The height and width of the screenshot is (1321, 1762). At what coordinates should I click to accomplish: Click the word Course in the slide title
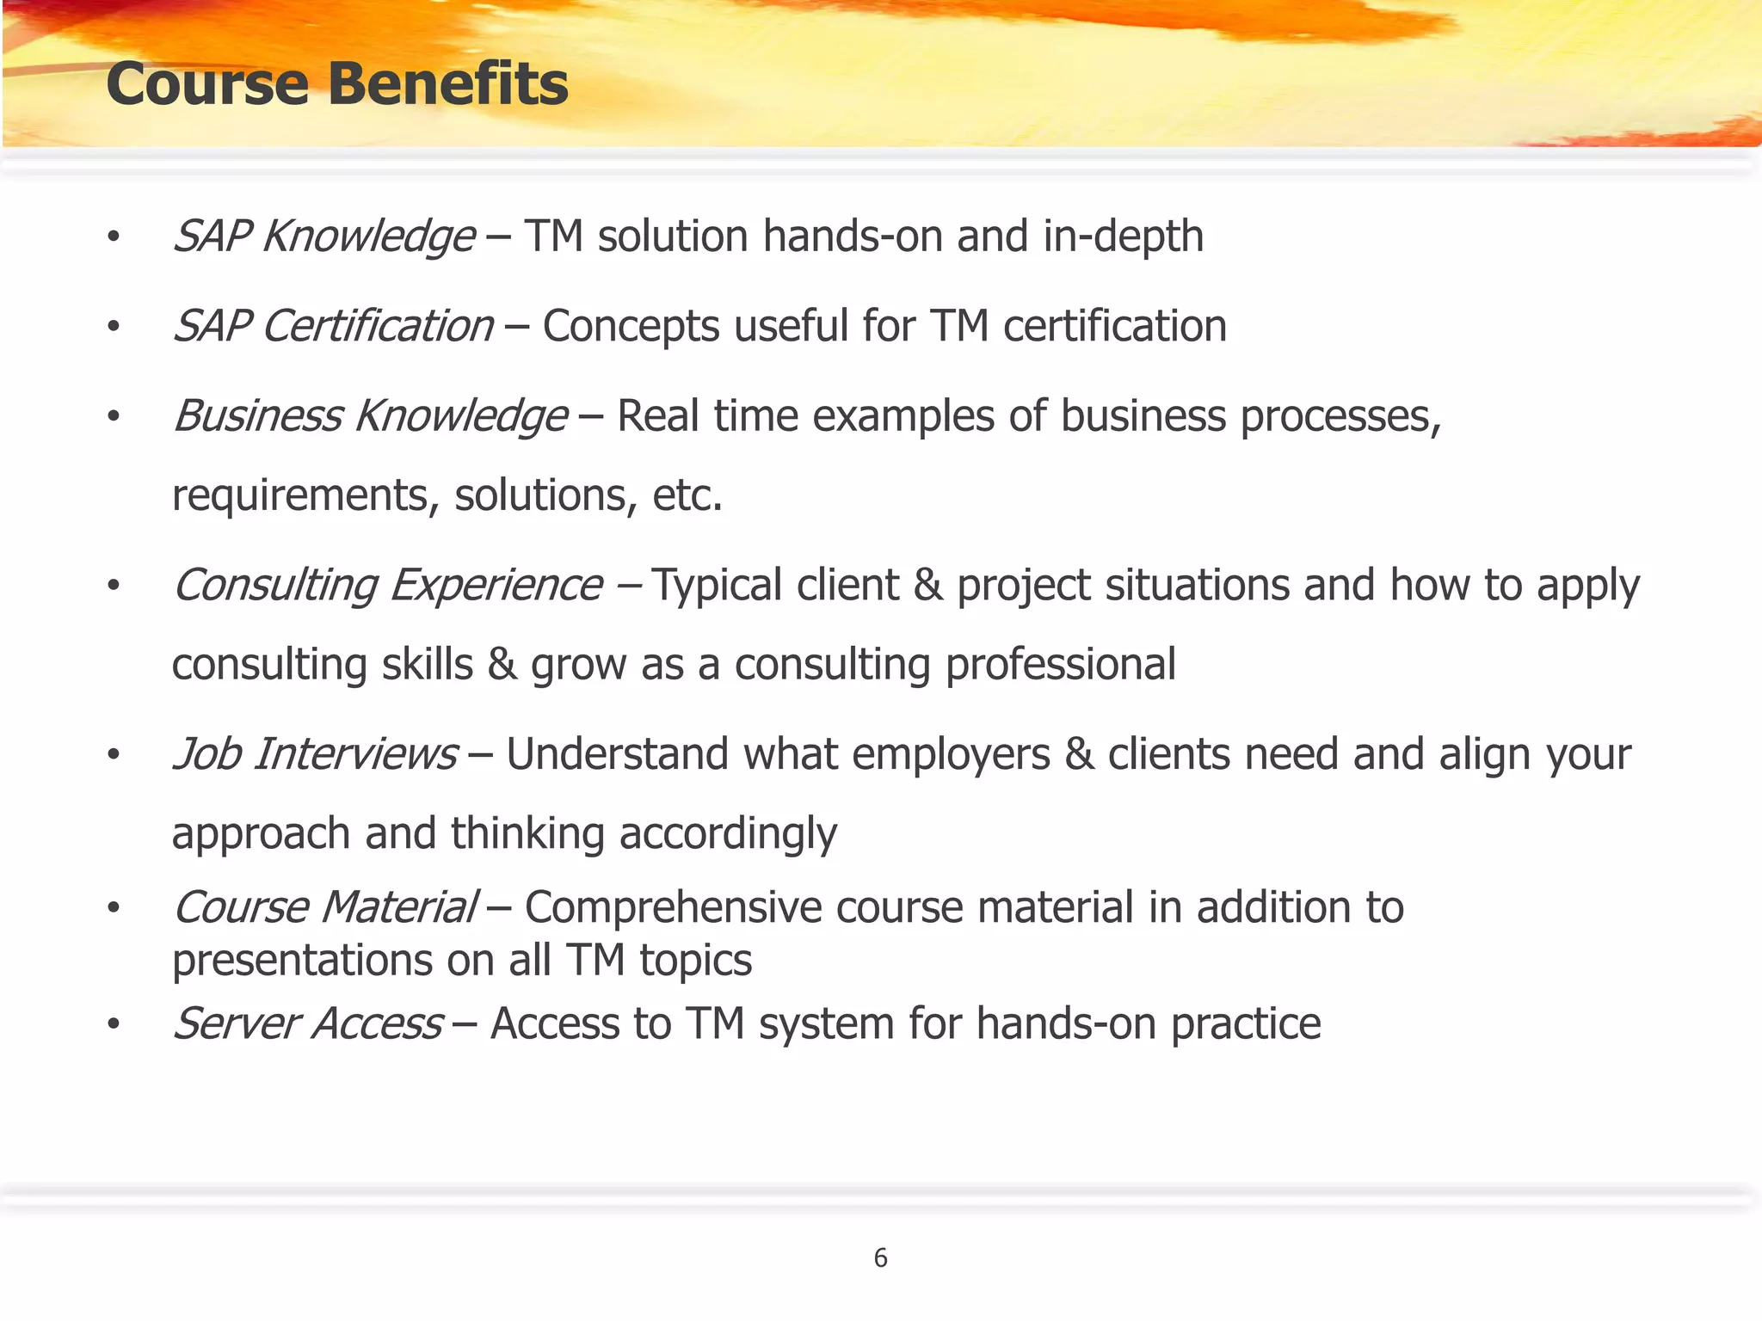(207, 84)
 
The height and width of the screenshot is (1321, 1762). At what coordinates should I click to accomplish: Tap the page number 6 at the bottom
(880, 1258)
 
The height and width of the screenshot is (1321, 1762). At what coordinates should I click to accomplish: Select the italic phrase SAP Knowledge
(323, 237)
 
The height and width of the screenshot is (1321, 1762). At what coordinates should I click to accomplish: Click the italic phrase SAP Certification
(334, 326)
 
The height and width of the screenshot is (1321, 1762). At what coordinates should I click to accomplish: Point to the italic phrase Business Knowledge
(370, 416)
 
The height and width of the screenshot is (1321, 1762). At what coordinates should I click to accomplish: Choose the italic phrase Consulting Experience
(388, 586)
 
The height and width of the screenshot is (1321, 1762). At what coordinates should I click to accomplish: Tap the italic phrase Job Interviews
(315, 754)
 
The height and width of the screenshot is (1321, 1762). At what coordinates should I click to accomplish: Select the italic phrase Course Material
(325, 907)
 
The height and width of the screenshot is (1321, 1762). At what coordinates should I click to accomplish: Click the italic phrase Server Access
(308, 1023)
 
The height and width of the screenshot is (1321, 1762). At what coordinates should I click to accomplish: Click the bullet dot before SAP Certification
(113, 327)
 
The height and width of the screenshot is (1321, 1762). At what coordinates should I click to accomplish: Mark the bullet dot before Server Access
(113, 1024)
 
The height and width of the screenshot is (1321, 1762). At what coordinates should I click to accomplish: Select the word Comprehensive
(673, 907)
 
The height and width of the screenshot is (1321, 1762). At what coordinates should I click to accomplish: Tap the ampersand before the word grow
(502, 665)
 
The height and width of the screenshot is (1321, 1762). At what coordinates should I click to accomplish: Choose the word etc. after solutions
(687, 495)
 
